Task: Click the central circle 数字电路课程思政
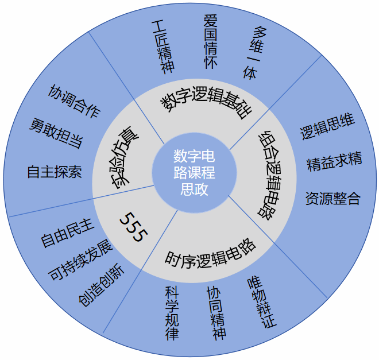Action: pos(194,172)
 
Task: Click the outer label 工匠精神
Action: pos(162,47)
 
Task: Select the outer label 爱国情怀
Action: pos(211,42)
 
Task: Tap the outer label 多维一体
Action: pos(254,52)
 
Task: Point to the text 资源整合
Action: pos(332,199)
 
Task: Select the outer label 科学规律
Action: pos(172,313)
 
